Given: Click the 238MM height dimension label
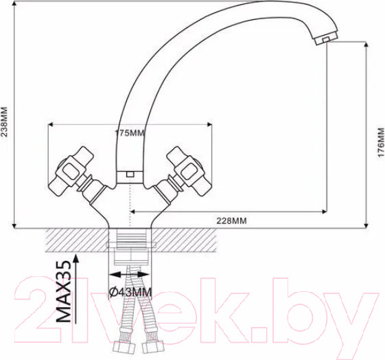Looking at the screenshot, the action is pos(5,122).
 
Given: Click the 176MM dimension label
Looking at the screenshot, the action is pos(381,142).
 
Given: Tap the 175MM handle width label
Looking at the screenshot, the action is pos(130,133).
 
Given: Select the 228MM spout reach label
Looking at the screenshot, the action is pos(231,221).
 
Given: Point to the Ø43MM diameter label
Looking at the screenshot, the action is pos(130,292).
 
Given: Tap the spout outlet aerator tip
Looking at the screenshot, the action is pos(326,39).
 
